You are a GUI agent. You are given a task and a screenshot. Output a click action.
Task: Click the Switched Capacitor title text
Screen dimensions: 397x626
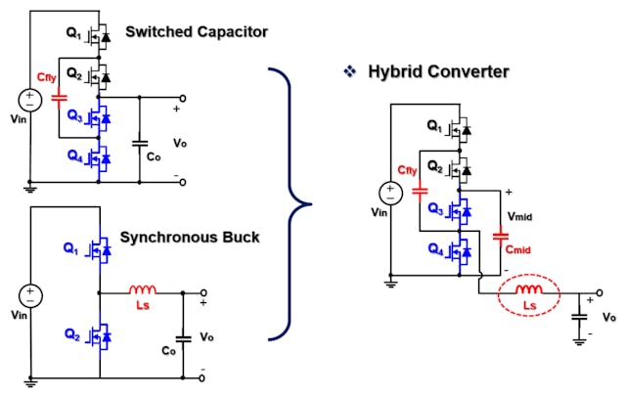pos(197,32)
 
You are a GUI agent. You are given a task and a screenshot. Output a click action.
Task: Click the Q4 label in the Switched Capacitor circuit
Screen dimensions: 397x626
pos(76,154)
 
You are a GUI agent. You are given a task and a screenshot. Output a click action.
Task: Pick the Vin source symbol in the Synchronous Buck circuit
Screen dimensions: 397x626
pos(31,294)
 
